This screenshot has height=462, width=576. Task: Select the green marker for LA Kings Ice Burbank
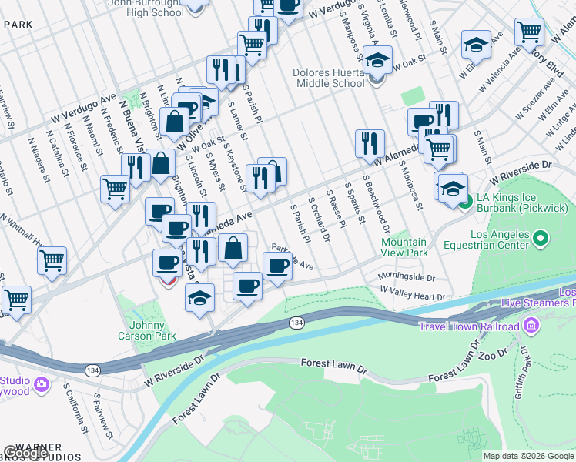[x=465, y=204]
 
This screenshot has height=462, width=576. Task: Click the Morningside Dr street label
[x=406, y=277]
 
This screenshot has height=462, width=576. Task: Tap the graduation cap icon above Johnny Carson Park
[x=199, y=296]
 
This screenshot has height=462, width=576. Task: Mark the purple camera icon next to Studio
[x=41, y=383]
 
